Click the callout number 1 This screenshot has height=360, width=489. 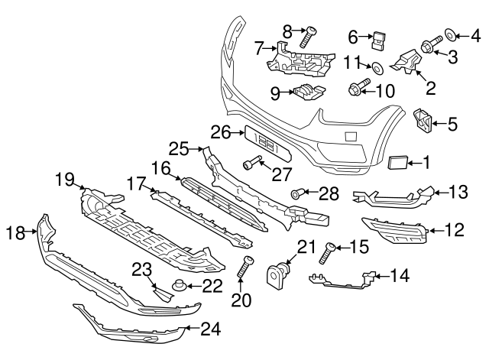click(427, 161)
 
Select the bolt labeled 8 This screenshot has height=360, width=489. click(311, 34)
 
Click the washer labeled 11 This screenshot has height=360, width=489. click(377, 67)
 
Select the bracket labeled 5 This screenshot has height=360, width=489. click(422, 118)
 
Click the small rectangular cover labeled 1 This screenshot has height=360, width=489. click(399, 162)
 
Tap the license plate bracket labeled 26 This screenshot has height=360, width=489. click(260, 141)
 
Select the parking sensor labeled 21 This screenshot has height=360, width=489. click(278, 272)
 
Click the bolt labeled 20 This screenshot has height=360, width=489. click(248, 268)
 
